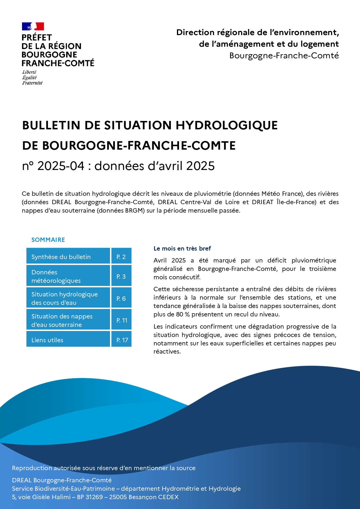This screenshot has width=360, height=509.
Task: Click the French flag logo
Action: [x=33, y=26]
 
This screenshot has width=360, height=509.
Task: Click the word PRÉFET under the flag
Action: [x=37, y=38]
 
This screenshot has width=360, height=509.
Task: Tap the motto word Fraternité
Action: [x=32, y=83]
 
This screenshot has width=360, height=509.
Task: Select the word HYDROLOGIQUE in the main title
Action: [x=227, y=125]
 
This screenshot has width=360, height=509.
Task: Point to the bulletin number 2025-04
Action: [x=61, y=166]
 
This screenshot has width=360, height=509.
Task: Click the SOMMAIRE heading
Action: [x=48, y=240]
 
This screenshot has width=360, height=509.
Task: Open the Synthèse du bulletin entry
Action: [x=61, y=257]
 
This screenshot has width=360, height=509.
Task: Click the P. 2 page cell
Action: [x=121, y=257]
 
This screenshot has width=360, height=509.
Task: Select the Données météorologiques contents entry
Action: [x=56, y=276]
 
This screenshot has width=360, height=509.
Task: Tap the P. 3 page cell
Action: [x=121, y=276]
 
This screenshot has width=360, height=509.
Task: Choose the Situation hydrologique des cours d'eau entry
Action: [x=64, y=298]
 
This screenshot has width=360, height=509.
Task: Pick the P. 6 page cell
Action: [x=121, y=298]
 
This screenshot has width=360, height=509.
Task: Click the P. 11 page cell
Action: [x=122, y=320]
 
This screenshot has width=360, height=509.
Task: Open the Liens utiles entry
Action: [x=47, y=340]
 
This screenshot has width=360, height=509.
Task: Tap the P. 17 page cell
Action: [x=122, y=340]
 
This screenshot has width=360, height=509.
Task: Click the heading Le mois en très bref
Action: [x=182, y=249]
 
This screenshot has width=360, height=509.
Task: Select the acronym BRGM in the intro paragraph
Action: [x=135, y=211]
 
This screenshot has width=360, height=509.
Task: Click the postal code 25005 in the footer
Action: [x=118, y=497]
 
